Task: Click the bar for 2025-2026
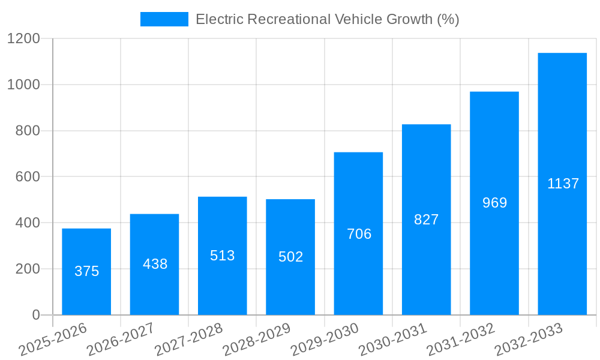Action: tap(86, 272)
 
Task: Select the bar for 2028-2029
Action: tap(290, 257)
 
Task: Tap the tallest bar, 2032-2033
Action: tap(562, 184)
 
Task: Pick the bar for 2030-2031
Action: tap(426, 220)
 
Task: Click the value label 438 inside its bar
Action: tap(155, 264)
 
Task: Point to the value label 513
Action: tap(222, 256)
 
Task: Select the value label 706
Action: tap(359, 234)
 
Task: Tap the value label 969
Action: tap(494, 203)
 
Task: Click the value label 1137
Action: tap(563, 184)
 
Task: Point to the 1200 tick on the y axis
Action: tap(23, 39)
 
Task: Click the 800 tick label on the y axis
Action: tap(28, 131)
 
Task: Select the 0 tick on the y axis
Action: tap(35, 315)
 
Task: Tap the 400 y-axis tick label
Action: tap(28, 223)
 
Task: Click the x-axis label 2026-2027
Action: tap(121, 339)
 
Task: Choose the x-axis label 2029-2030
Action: tap(325, 339)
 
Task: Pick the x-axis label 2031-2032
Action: tap(460, 339)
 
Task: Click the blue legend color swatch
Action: tap(164, 19)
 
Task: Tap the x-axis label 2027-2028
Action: tap(188, 339)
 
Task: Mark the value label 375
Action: tap(86, 271)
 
